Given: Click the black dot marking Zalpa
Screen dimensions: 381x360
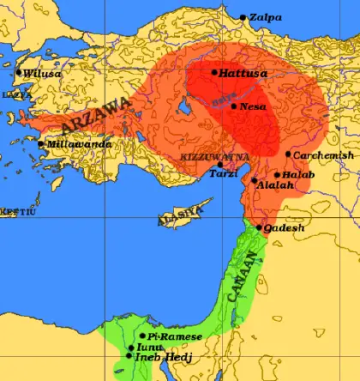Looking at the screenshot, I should (243, 17).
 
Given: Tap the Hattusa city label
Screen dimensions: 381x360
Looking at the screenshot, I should (243, 74).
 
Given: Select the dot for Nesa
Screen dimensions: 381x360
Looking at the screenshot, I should (233, 106).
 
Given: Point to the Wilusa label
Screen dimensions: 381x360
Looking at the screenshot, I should (42, 75).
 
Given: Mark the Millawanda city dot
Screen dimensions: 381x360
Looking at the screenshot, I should (41, 143).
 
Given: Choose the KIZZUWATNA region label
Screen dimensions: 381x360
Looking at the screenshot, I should (215, 157).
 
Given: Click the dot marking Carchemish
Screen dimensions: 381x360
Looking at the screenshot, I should (288, 154).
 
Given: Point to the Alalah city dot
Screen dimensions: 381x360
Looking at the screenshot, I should (254, 181).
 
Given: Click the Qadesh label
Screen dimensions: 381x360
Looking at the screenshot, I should (284, 228).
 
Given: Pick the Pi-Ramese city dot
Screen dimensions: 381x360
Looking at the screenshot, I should (142, 336).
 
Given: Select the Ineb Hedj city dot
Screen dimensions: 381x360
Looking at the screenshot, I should (129, 355).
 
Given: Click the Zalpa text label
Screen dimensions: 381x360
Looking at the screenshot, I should (267, 17).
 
